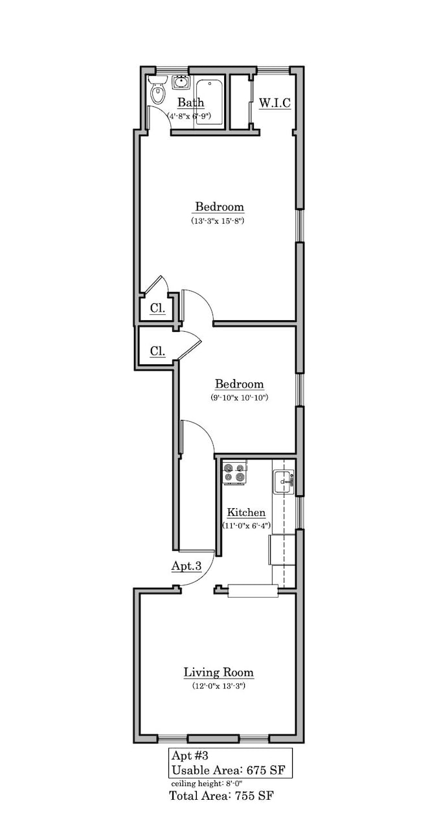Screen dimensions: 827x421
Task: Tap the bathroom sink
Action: click(181, 82)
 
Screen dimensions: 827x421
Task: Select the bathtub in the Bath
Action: click(209, 102)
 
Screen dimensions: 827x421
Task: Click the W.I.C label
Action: click(275, 103)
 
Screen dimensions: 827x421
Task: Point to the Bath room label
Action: click(190, 102)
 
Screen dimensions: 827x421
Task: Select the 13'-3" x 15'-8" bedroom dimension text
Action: click(220, 221)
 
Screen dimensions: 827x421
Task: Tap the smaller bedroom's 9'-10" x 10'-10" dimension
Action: click(239, 397)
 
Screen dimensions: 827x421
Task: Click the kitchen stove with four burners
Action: click(235, 472)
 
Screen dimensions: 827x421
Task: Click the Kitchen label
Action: click(245, 512)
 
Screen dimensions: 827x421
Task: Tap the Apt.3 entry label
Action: click(186, 566)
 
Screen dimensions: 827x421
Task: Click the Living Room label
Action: click(218, 672)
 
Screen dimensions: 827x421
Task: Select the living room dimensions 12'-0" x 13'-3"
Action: click(218, 686)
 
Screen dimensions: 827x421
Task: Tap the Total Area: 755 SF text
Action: click(222, 795)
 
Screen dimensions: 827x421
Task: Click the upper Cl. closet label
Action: click(157, 309)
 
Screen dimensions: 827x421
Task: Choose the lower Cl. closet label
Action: click(157, 351)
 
